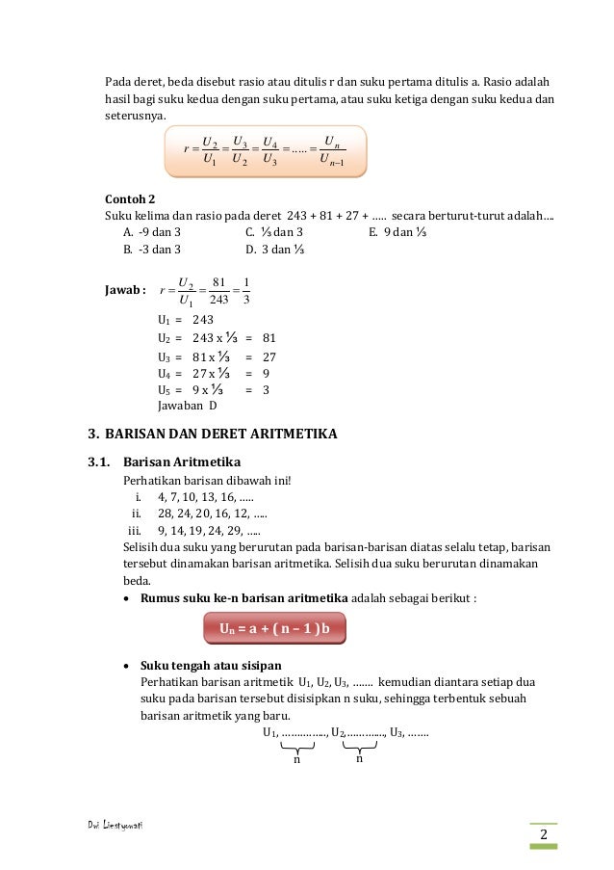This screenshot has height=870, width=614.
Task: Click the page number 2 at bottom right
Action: click(544, 834)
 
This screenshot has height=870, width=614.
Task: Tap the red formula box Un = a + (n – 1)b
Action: click(274, 629)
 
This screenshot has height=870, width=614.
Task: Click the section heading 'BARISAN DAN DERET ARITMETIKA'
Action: click(221, 434)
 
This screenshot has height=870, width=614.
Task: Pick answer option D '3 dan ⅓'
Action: click(275, 250)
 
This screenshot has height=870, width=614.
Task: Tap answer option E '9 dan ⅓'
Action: click(397, 232)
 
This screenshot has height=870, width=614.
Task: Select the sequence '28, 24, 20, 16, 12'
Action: click(212, 514)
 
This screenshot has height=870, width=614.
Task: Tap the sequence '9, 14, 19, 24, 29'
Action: click(208, 530)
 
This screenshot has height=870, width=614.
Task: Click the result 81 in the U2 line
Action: click(269, 338)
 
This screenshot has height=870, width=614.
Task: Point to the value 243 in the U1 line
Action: click(203, 320)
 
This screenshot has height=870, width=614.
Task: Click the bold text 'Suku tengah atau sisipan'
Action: click(211, 665)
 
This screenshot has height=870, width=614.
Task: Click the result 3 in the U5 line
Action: click(266, 390)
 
